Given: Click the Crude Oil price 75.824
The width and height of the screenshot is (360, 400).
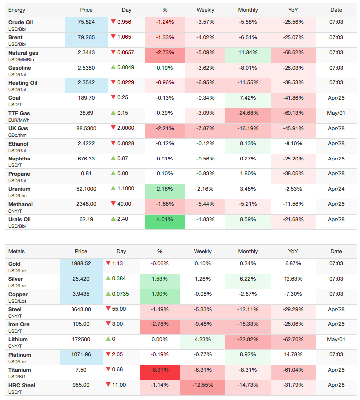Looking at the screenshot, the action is [x=86, y=22].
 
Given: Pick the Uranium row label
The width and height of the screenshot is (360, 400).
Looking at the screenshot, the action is [x=19, y=189].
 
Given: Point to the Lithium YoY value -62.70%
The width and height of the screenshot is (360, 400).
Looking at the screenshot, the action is [x=293, y=339].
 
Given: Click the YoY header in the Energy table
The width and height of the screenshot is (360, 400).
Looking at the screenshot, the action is [x=293, y=10].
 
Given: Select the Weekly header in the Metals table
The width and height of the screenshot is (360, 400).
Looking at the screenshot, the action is [x=203, y=251].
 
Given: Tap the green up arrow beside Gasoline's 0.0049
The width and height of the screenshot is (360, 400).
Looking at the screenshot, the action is [x=113, y=68].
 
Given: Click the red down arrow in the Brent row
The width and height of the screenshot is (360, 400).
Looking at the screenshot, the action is [x=113, y=37].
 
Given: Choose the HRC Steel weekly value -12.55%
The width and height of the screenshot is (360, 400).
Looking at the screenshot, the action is [x=203, y=385].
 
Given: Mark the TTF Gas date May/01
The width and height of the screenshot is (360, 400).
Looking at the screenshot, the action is [x=336, y=113].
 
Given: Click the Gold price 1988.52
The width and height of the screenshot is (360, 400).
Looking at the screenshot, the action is [x=81, y=263].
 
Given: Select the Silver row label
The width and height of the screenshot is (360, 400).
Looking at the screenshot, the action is [x=15, y=279].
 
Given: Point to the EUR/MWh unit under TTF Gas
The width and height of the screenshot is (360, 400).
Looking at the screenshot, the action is [x=19, y=120].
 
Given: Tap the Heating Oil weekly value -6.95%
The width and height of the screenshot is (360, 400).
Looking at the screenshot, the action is [x=205, y=83].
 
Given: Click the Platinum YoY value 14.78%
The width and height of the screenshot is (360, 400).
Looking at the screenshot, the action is [x=293, y=355].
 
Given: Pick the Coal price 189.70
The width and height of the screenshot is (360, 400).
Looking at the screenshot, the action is [x=86, y=98].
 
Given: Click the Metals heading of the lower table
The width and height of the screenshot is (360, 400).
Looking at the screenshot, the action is [x=16, y=251].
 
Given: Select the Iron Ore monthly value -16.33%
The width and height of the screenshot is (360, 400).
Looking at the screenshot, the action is [x=248, y=324].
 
